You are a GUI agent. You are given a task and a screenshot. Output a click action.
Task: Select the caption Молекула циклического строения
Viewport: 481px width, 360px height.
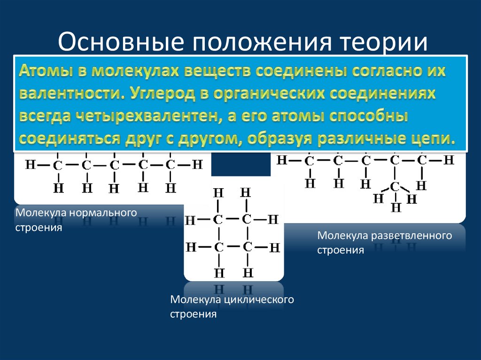click(232, 306)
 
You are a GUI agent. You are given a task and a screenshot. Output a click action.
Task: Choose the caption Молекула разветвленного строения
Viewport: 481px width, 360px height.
click(384, 242)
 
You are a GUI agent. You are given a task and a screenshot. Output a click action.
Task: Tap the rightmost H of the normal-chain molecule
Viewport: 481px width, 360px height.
click(198, 165)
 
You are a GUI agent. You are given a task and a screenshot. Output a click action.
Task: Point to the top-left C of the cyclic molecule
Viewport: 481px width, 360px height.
click(218, 219)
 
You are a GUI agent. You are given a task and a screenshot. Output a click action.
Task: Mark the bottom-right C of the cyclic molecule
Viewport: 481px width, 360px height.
click(248, 246)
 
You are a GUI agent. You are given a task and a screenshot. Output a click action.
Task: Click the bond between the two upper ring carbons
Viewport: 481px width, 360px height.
click(233, 219)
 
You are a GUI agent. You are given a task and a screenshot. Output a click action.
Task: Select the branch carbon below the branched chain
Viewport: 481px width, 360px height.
click(395, 186)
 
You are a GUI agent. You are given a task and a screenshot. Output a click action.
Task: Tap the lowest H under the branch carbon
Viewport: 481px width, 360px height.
click(396, 207)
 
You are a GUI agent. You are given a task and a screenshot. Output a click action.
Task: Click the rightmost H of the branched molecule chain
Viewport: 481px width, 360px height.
click(450, 160)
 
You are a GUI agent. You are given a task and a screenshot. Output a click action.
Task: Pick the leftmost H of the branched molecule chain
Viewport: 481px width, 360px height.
click(282, 160)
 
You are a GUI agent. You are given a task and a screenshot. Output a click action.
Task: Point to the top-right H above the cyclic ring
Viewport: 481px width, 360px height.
click(246, 192)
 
